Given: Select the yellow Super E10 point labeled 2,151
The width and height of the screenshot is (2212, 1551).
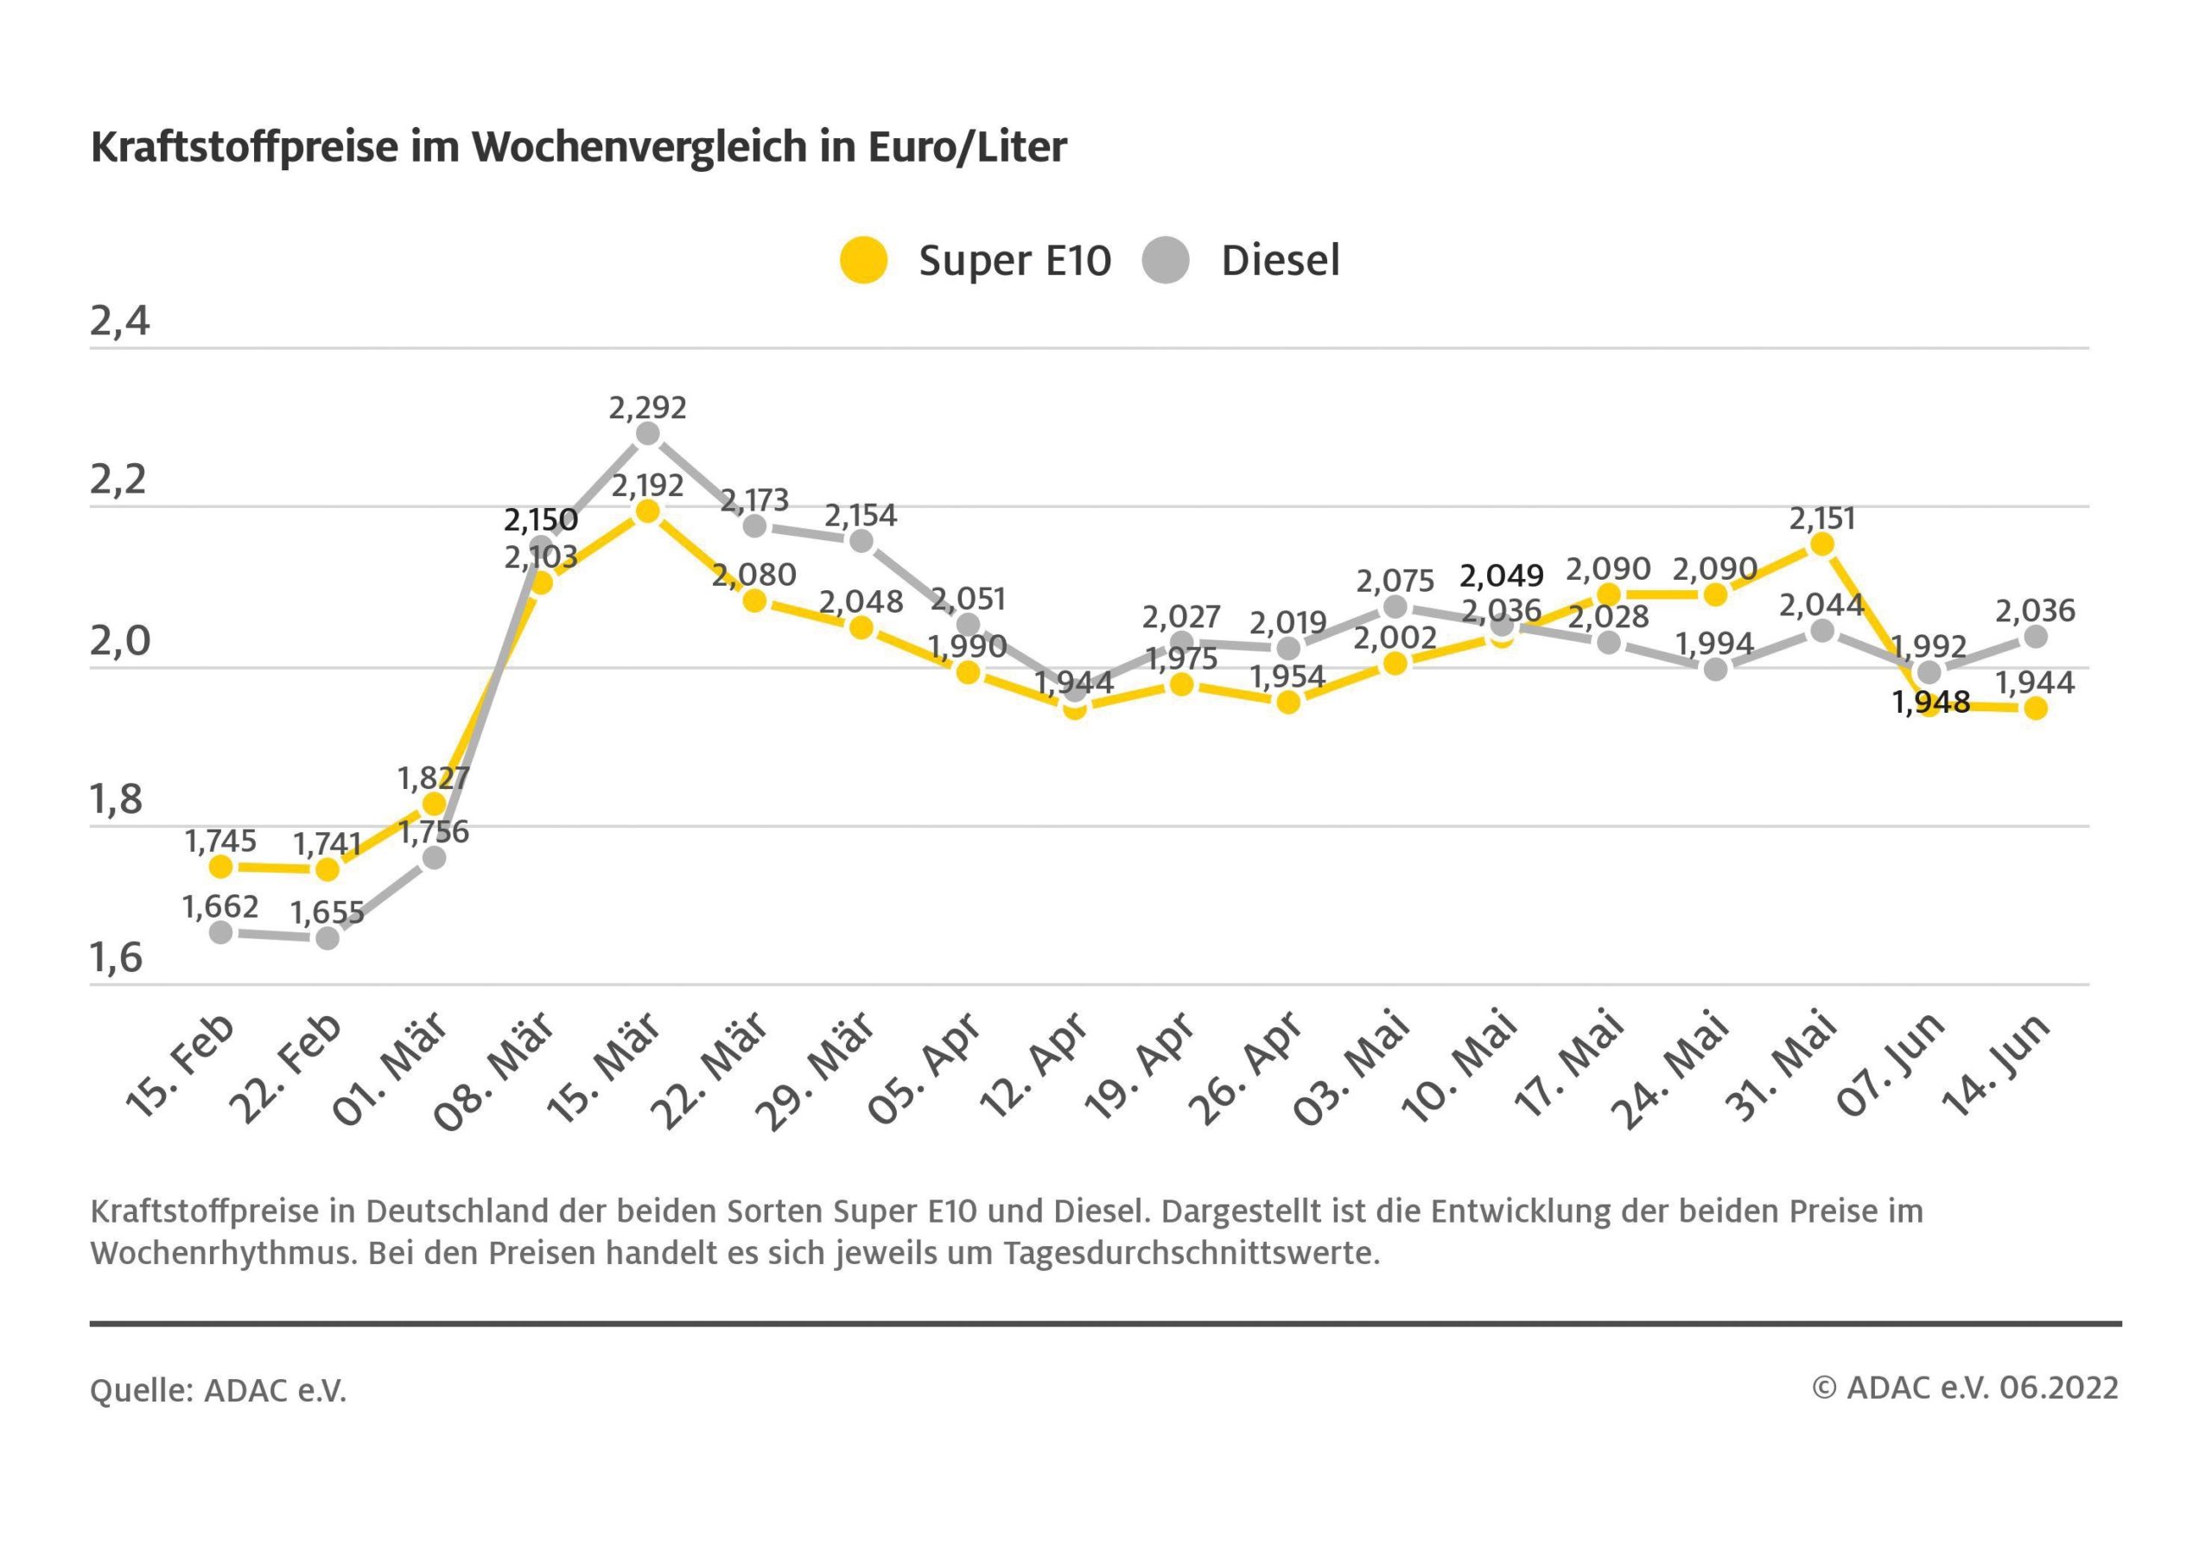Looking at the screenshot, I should click(1821, 544).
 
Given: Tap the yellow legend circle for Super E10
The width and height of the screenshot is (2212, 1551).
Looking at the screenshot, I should click(863, 260).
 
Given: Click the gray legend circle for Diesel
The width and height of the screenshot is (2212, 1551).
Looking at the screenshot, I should click(1166, 260).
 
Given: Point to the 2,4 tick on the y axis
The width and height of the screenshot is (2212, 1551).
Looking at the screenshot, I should click(120, 321).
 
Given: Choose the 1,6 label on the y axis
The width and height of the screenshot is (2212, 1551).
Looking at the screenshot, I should click(117, 957).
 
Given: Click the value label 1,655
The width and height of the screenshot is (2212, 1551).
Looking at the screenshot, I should click(327, 912).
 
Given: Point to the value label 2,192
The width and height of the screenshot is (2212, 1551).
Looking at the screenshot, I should click(647, 485).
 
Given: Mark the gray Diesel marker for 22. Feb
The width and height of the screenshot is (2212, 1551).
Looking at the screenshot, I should click(327, 938).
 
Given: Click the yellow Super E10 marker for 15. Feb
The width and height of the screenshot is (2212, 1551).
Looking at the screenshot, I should click(220, 867).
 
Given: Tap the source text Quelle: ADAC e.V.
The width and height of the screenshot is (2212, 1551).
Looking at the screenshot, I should click(219, 1390).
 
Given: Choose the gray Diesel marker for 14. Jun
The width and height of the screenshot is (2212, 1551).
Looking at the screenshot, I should click(2036, 637).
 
